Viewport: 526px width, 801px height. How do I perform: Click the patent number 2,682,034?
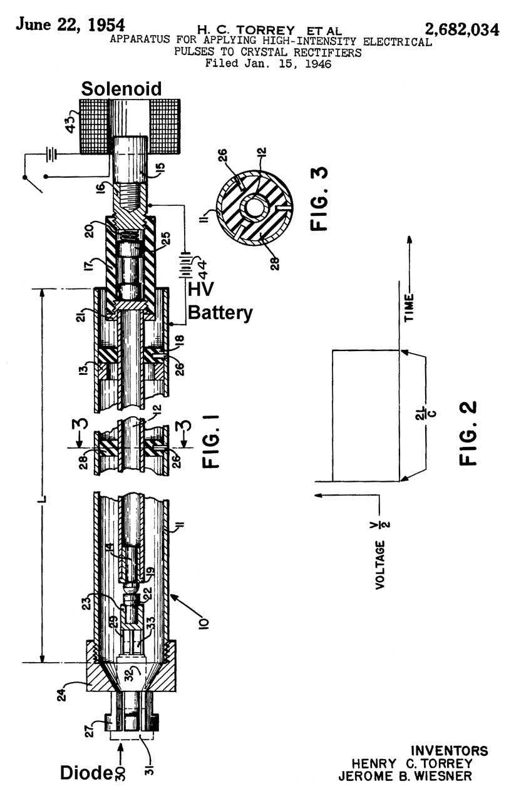click(462, 29)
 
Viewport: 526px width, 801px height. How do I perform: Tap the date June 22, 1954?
click(70, 24)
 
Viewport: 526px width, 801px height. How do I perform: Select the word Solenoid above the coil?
click(121, 89)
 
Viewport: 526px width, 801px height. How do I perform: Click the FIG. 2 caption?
click(468, 433)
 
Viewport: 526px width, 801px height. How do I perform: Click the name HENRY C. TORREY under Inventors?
click(420, 763)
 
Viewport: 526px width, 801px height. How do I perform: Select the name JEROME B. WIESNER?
click(411, 777)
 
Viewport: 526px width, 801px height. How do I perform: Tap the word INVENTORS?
click(449, 750)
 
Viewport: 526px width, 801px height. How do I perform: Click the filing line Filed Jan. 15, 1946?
click(270, 63)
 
